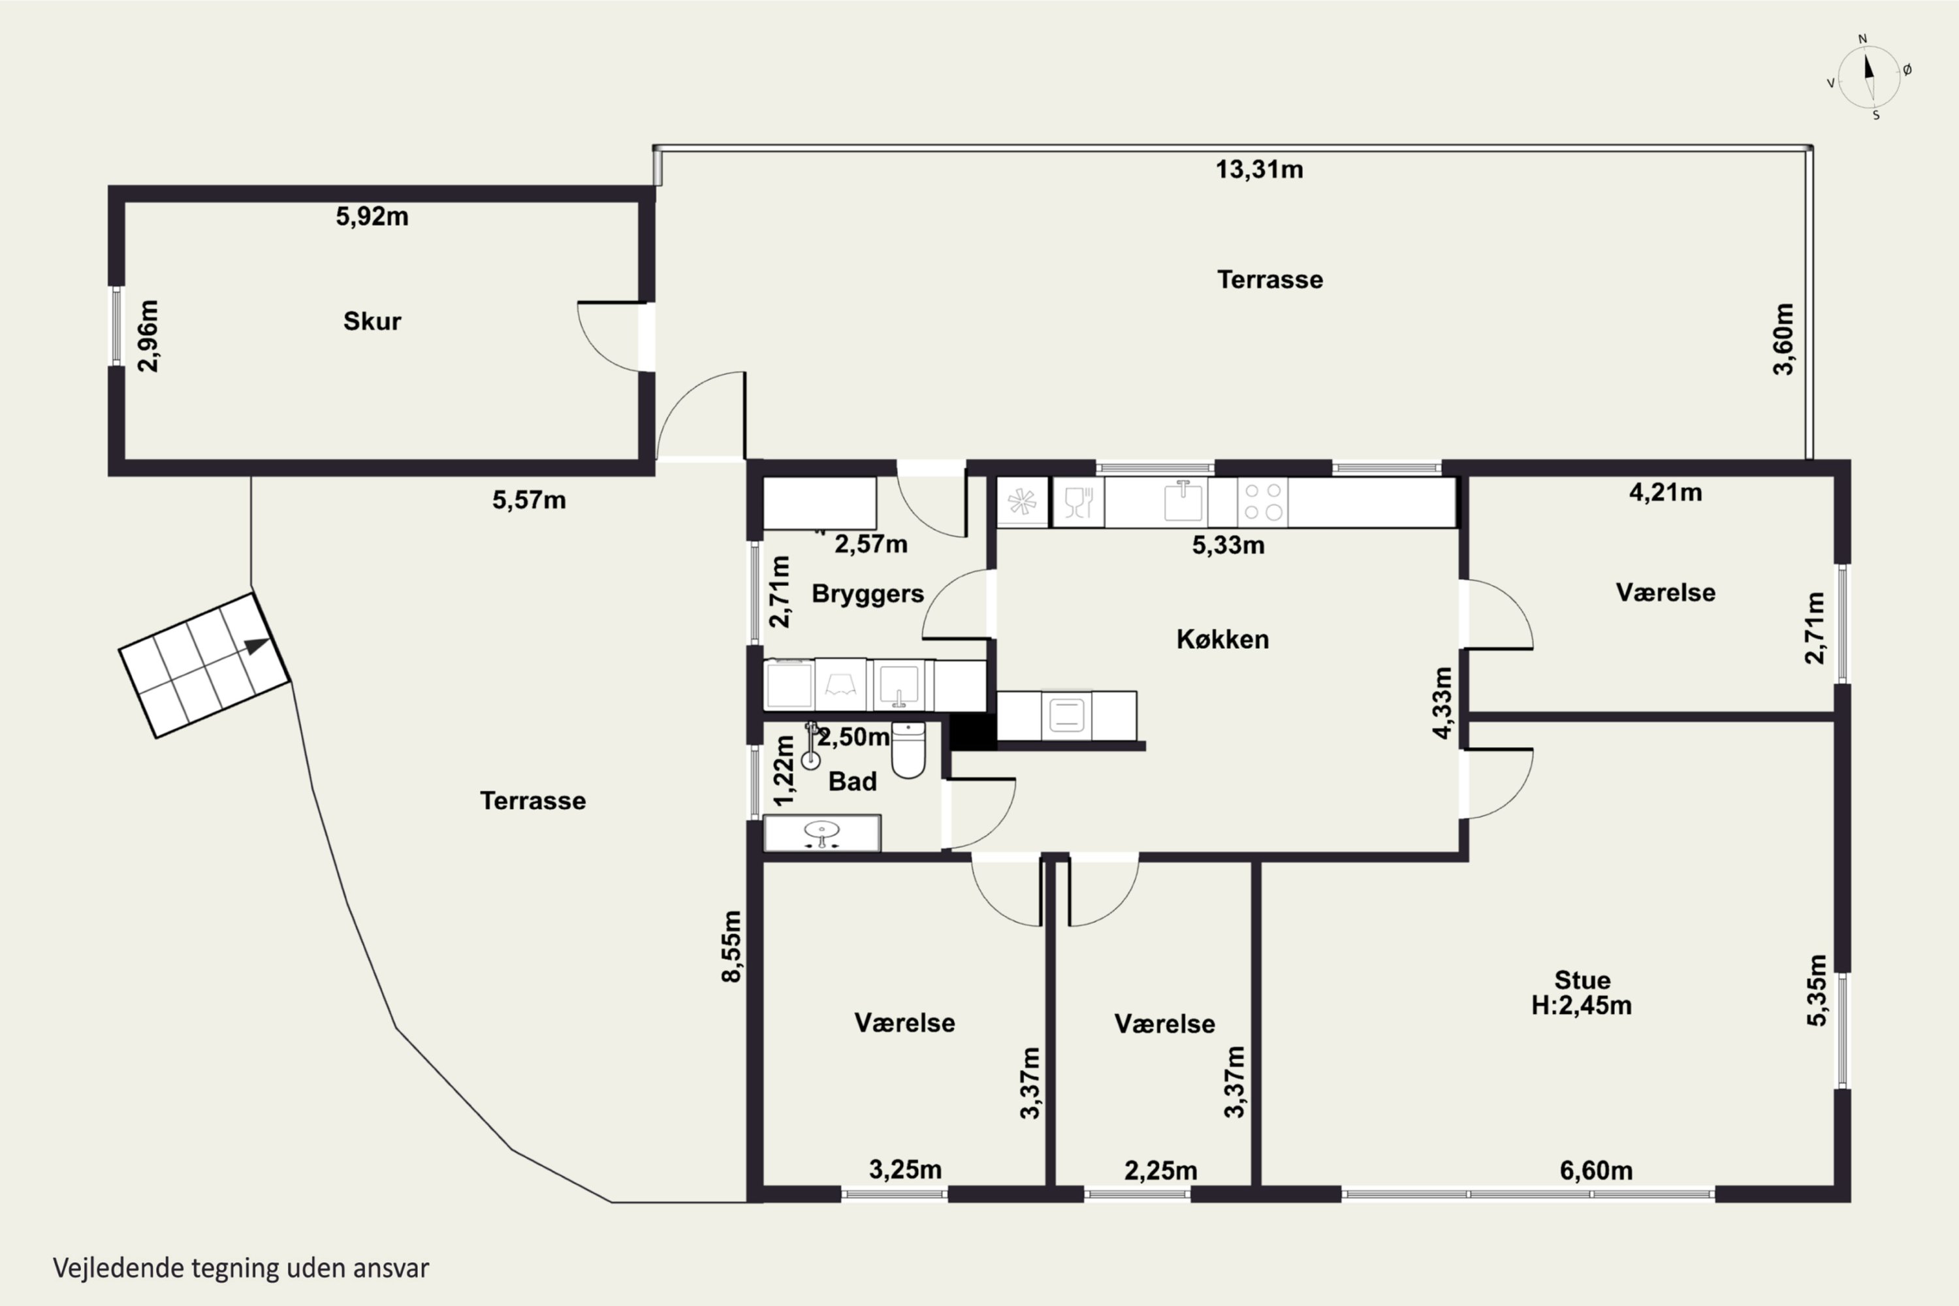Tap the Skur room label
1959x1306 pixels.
pyautogui.click(x=372, y=321)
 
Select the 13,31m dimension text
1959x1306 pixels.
pyautogui.click(x=1260, y=169)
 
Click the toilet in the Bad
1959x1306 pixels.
pyautogui.click(x=908, y=750)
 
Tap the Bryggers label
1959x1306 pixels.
pyautogui.click(x=868, y=594)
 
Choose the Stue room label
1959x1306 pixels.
pyautogui.click(x=1582, y=979)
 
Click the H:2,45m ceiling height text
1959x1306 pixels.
pyautogui.click(x=1582, y=1006)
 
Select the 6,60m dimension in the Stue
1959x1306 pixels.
pyautogui.click(x=1596, y=1170)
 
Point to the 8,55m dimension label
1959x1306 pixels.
pyautogui.click(x=731, y=946)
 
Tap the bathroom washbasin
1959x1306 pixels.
pyautogui.click(x=823, y=832)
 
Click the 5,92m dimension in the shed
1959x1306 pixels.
pyautogui.click(x=372, y=217)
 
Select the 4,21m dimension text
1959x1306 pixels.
pyautogui.click(x=1666, y=492)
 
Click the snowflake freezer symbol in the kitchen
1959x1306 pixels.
pyautogui.click(x=1022, y=502)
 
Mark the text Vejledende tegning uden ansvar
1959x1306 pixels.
pyautogui.click(x=242, y=1267)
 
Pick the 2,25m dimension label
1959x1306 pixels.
pyautogui.click(x=1161, y=1170)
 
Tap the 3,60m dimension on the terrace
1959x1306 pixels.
pyautogui.click(x=1783, y=339)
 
